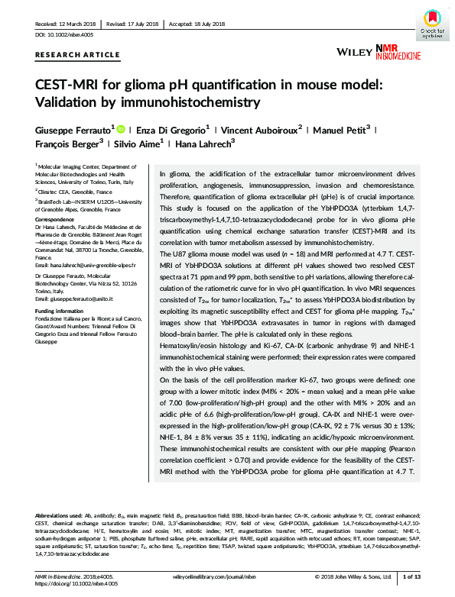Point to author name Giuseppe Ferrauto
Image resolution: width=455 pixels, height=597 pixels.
pyautogui.click(x=73, y=130)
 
